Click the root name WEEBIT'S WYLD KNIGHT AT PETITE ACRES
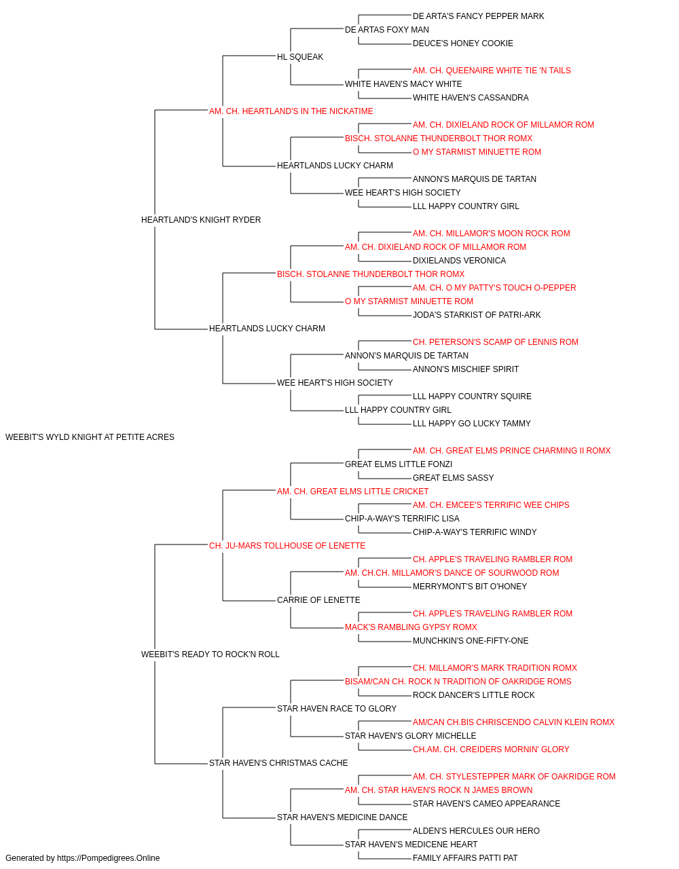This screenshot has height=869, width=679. [x=90, y=437]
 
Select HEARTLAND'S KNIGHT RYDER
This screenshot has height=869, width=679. [x=201, y=219]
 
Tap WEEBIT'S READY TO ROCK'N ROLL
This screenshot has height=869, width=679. [x=210, y=654]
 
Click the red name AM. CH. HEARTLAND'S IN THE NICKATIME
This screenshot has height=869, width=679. [x=291, y=111]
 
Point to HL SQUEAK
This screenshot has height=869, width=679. [x=300, y=57]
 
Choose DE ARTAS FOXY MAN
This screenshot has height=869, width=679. [x=386, y=30]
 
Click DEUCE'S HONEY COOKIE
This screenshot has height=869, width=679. [x=462, y=43]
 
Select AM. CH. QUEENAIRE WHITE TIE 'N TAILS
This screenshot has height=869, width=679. [x=492, y=71]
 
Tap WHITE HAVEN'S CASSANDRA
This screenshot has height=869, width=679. [x=471, y=98]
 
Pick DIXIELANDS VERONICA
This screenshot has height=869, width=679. [x=459, y=260]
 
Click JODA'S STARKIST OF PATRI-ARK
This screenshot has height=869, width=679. [x=476, y=315]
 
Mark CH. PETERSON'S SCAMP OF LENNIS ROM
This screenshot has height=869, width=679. [x=495, y=342]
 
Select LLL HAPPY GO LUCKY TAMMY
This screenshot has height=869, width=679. [x=471, y=423]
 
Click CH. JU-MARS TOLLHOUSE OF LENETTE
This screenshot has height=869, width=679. [x=287, y=545]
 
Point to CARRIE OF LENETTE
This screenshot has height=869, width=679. [x=318, y=600]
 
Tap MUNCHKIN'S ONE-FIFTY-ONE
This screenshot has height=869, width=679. [x=471, y=641]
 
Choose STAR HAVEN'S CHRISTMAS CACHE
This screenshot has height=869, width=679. [x=278, y=762]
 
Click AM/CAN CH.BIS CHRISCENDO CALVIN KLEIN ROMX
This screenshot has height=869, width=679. [x=513, y=722]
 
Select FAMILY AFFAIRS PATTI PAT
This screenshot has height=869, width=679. [x=464, y=858]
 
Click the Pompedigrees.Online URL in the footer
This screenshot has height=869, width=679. [x=108, y=858]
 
